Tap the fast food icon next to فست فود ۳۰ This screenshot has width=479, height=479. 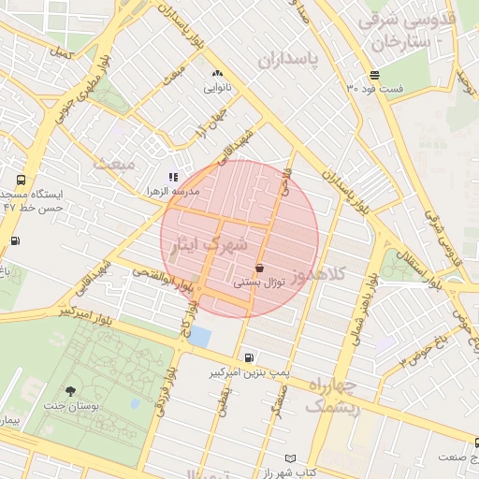point(374,75)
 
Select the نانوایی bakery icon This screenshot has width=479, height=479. point(218,73)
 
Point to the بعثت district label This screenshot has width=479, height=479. point(114,164)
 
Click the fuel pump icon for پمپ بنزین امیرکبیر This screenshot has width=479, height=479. point(247,357)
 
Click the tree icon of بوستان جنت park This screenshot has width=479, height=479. point(72,391)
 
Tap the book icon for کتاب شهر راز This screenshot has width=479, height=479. point(290,458)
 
